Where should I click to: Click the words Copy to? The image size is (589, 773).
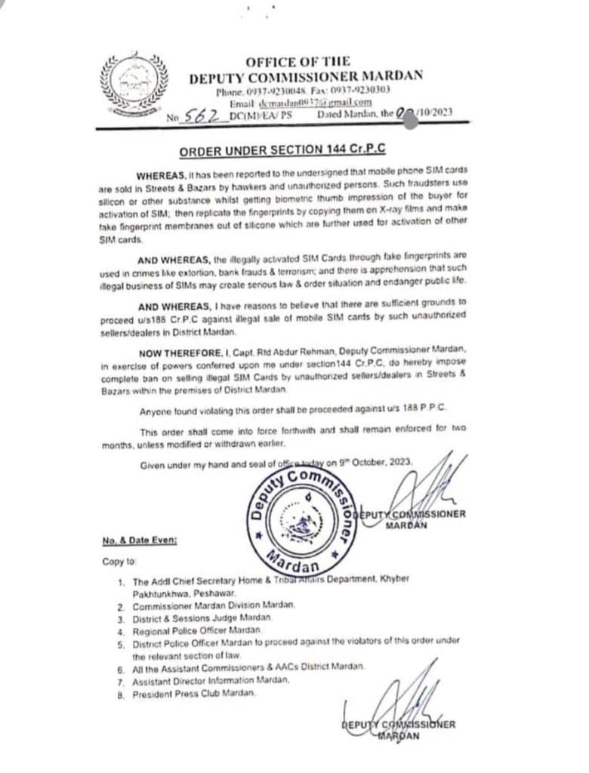coord(119,562)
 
